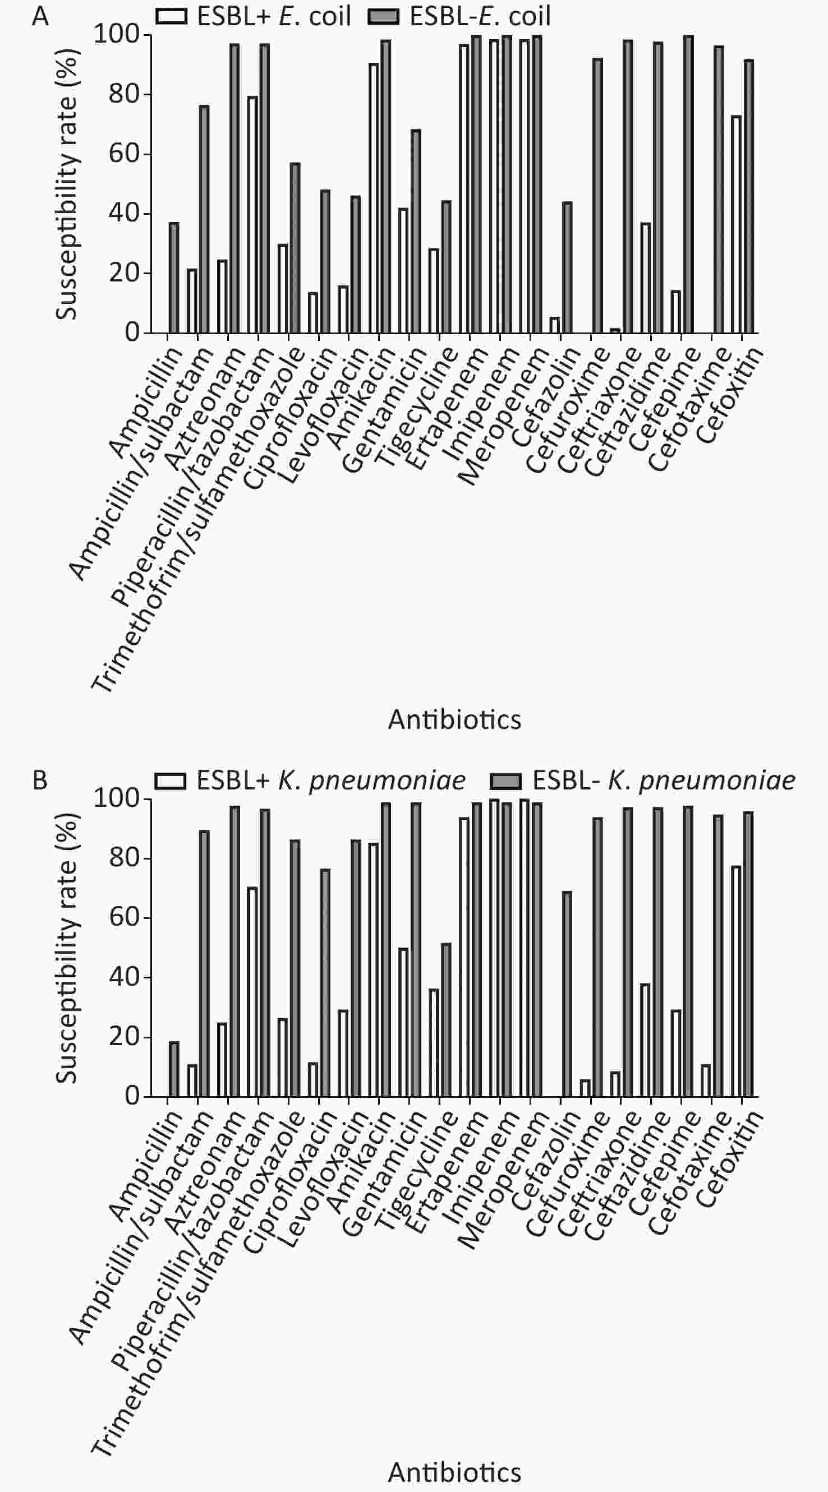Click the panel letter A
tap(40, 16)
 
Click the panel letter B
tap(40, 780)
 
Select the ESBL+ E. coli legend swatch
tap(171, 16)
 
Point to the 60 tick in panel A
tap(124, 154)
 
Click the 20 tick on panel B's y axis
tap(124, 1037)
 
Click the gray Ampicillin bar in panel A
tap(174, 278)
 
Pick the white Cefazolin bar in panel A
tap(554, 325)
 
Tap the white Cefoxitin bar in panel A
tap(736, 225)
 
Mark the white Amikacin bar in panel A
tap(374, 198)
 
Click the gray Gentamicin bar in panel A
tap(416, 232)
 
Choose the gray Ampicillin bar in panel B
tap(174, 1069)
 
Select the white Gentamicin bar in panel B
tap(403, 1022)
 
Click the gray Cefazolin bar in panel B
tap(567, 994)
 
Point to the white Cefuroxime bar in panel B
tap(585, 1088)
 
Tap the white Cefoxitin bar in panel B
tap(736, 982)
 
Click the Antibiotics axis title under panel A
tap(455, 719)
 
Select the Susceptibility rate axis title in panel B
tap(67, 948)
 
